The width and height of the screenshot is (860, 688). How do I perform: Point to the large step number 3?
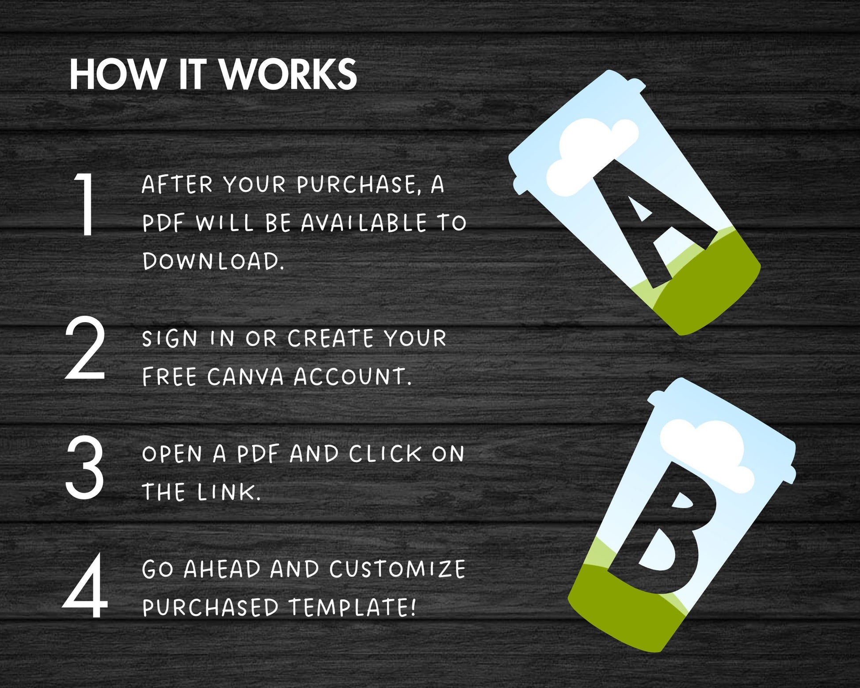85,467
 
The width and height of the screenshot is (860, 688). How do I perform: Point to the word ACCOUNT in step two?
352,377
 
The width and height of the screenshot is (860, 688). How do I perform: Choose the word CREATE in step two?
331,339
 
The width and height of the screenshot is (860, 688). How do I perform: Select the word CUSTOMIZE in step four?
397,569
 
